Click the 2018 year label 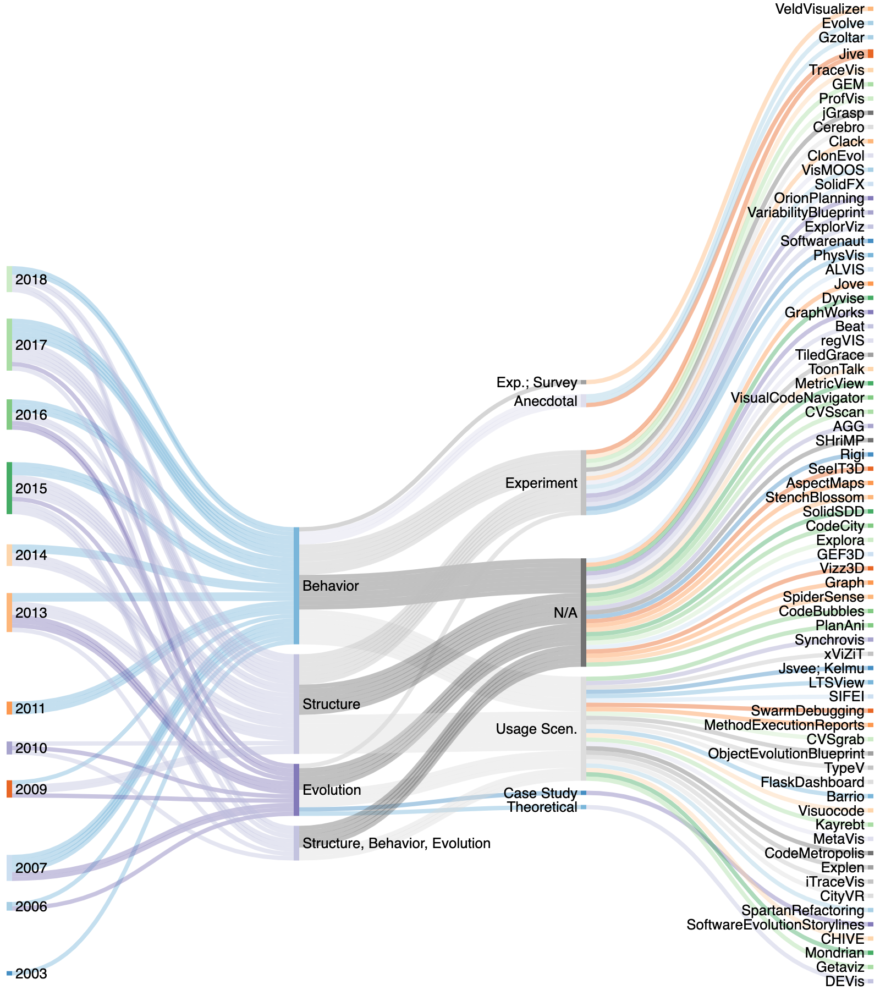pyautogui.click(x=31, y=280)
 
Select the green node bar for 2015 pyautogui.click(x=9, y=488)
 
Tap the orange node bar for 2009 pyautogui.click(x=9, y=789)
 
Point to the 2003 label pyautogui.click(x=31, y=974)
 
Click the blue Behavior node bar pyautogui.click(x=296, y=586)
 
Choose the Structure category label pyautogui.click(x=331, y=704)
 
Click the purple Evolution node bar pyautogui.click(x=296, y=790)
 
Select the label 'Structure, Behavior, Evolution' pyautogui.click(x=396, y=843)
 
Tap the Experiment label pyautogui.click(x=541, y=483)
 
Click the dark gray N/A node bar pyautogui.click(x=584, y=613)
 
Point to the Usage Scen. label pyautogui.click(x=536, y=729)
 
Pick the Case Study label pyautogui.click(x=540, y=793)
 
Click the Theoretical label pyautogui.click(x=542, y=807)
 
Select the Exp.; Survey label pyautogui.click(x=537, y=382)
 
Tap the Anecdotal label pyautogui.click(x=546, y=402)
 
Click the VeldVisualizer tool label pyautogui.click(x=820, y=9)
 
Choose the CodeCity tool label pyautogui.click(x=835, y=526)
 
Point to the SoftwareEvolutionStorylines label pyautogui.click(x=775, y=925)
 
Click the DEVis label pyautogui.click(x=845, y=982)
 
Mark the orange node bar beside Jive pyautogui.click(x=870, y=54)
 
